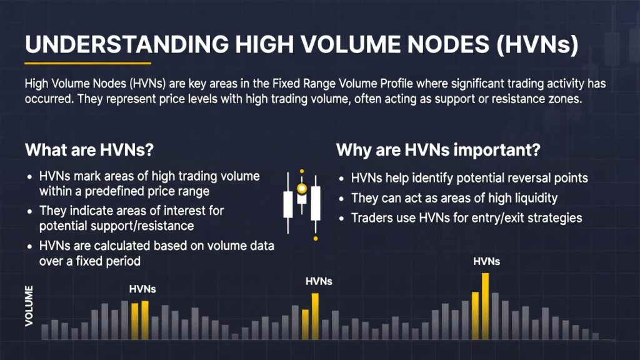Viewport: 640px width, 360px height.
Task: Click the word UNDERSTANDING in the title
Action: click(127, 44)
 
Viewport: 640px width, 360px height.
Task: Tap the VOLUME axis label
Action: click(29, 306)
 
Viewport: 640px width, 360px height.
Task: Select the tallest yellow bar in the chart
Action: click(485, 306)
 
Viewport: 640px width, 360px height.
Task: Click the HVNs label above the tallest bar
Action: click(486, 261)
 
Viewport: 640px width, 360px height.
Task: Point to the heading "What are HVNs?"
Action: click(89, 150)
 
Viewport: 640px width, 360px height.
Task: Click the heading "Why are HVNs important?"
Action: click(438, 150)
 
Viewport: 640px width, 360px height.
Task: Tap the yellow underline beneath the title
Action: click(87, 63)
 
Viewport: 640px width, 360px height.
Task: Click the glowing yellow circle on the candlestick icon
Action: click(302, 189)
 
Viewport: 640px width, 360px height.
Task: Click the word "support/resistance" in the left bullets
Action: click(116, 226)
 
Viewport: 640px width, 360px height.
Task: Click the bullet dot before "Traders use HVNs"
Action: click(342, 219)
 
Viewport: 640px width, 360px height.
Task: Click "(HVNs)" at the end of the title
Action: click(537, 44)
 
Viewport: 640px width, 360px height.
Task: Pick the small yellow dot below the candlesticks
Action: click(316, 238)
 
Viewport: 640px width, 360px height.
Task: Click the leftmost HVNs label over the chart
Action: click(142, 289)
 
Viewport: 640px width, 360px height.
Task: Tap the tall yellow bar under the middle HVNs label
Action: click(315, 316)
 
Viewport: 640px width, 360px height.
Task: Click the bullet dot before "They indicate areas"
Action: click(30, 211)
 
